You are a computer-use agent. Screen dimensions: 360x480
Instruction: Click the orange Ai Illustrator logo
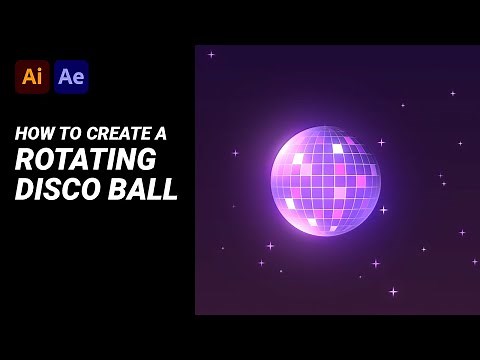32,77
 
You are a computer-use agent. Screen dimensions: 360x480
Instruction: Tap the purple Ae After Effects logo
71,77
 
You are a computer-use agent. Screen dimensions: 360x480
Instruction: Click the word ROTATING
86,160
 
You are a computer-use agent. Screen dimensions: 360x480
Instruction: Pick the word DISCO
55,188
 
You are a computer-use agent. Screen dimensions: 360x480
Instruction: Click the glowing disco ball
326,181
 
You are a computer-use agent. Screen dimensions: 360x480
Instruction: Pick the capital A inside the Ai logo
28,77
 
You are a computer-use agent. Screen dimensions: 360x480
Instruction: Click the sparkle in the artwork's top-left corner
211,55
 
